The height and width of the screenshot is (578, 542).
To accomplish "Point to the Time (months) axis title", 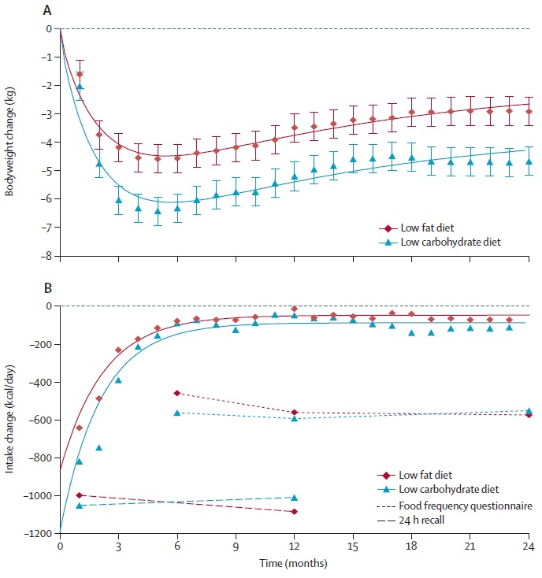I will (294, 563).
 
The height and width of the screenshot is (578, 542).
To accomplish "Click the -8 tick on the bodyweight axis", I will (46, 256).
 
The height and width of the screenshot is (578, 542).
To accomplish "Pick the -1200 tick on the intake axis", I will (39, 533).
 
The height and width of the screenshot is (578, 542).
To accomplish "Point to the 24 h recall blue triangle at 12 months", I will (294, 497).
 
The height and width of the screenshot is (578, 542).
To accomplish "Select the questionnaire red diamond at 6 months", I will (176, 393).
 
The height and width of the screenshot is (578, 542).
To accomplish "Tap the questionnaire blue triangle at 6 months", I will (176, 412).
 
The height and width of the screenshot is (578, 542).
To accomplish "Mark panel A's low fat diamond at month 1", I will (80, 74).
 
